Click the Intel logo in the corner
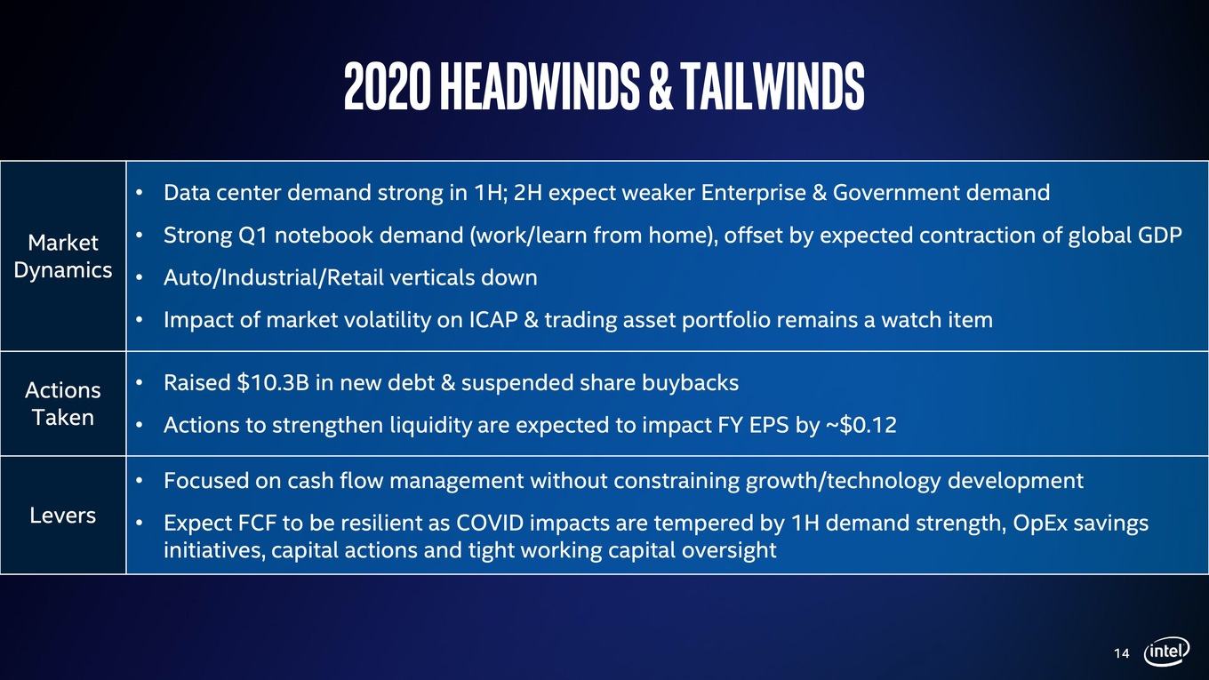1166,652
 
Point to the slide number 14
1121,653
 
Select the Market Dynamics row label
62,256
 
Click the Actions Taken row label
62,404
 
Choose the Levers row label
62,516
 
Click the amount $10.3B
273,382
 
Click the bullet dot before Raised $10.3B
140,382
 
